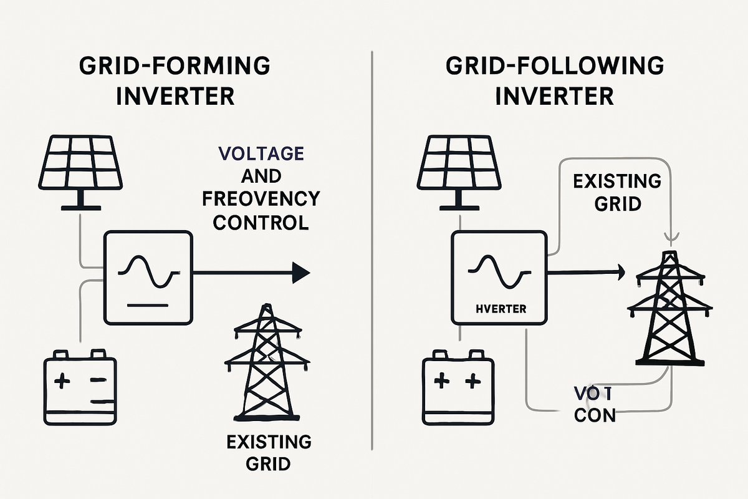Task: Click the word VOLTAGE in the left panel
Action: [x=261, y=154]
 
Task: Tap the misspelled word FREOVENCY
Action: [x=261, y=199]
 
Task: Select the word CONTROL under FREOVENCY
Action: [x=261, y=222]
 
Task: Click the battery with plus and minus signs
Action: [x=80, y=387]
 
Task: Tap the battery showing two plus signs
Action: [x=458, y=387]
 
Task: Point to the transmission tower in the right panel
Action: [x=669, y=308]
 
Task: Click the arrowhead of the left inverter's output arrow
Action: [x=301, y=272]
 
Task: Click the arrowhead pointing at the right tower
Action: [x=620, y=270]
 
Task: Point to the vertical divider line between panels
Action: [x=372, y=249]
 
